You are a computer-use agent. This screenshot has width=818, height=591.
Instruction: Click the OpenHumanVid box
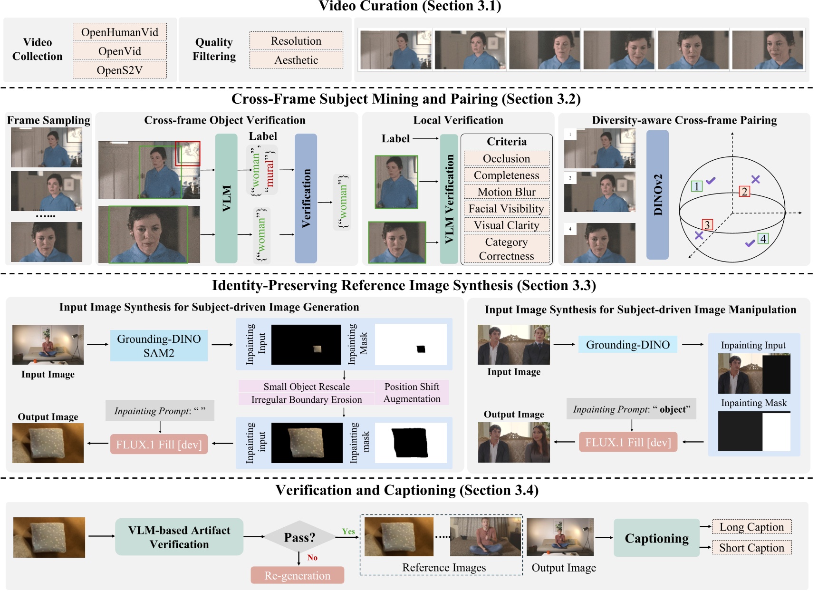tap(120, 32)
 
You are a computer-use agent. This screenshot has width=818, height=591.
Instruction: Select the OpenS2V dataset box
tap(120, 70)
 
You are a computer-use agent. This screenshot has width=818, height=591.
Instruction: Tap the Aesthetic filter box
tap(296, 60)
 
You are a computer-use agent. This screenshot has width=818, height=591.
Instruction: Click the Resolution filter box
tap(296, 41)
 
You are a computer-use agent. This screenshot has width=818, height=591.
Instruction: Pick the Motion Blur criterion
tap(506, 192)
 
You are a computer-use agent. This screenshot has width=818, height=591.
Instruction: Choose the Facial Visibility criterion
tap(506, 209)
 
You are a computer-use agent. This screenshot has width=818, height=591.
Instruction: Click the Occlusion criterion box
tap(506, 158)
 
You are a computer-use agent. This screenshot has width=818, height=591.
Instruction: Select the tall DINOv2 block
tap(657, 195)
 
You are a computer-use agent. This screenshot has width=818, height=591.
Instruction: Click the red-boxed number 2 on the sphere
tap(744, 192)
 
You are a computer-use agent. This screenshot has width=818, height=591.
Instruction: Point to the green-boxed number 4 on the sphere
tap(763, 239)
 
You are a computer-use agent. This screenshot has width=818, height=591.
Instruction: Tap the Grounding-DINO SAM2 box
tap(159, 346)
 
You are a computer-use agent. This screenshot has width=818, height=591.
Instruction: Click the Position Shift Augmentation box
tap(412, 393)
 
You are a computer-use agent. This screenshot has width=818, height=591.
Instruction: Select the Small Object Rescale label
tap(307, 387)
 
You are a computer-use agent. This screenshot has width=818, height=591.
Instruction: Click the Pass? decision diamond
tap(299, 537)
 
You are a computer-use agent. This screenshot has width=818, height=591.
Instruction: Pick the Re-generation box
tap(298, 575)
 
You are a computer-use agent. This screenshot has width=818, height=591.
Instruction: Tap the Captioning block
tap(656, 538)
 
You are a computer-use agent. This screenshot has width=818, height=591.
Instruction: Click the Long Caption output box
tap(751, 527)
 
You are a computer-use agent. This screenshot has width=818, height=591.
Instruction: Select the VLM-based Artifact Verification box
tap(179, 537)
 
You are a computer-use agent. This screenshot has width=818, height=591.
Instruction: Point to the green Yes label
tap(348, 532)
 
